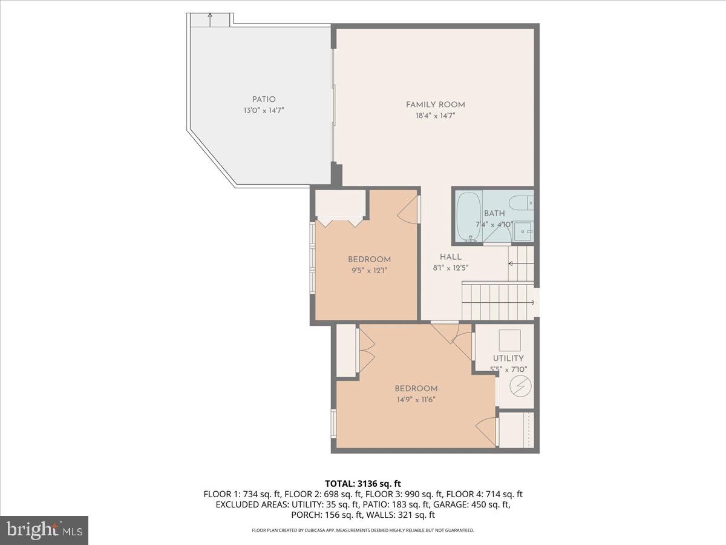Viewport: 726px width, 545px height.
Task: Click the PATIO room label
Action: (x=264, y=99)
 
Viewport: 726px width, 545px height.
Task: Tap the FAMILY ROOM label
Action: (x=435, y=105)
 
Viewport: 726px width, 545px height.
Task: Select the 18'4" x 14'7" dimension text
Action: (x=435, y=115)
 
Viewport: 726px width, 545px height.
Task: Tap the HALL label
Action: (x=451, y=257)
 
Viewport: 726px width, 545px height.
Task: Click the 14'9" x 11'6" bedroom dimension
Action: (x=416, y=399)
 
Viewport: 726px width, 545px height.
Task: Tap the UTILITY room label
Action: (x=508, y=358)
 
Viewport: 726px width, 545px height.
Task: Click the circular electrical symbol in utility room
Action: (x=518, y=385)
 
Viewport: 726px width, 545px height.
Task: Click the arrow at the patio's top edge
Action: (x=210, y=19)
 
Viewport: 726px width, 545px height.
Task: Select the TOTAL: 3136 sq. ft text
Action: (x=363, y=483)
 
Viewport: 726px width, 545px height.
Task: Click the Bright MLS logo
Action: (x=44, y=530)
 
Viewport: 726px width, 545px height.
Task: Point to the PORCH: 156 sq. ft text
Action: (x=327, y=515)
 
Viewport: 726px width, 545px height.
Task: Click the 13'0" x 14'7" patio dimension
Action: (x=264, y=110)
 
